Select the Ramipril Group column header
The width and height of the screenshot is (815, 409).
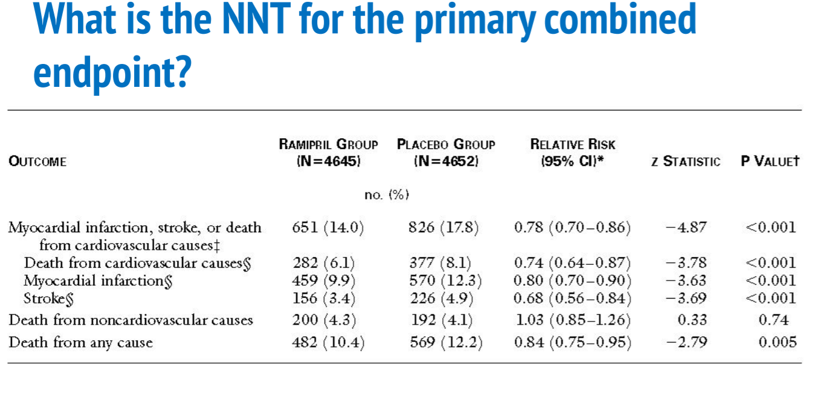(329, 152)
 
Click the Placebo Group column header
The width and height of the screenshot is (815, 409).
(446, 152)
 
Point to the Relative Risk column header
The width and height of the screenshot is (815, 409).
(573, 152)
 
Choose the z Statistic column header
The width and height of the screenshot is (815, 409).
(686, 162)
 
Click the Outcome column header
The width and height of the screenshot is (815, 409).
(37, 162)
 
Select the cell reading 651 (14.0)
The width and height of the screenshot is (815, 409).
(327, 227)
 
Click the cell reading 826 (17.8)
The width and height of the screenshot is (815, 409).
(445, 227)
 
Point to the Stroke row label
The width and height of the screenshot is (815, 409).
(44, 298)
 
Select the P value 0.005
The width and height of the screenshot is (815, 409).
(778, 343)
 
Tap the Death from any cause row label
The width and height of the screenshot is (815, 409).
(80, 343)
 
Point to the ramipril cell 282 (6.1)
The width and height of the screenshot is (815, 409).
(324, 263)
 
